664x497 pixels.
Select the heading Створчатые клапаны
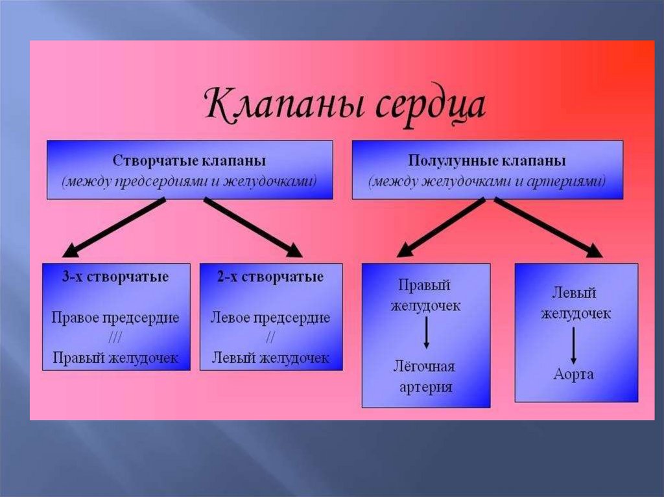coord(189,160)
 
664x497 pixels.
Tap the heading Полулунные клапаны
coord(487,160)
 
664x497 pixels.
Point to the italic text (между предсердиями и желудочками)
coord(189,181)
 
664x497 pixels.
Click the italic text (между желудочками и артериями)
coord(487,181)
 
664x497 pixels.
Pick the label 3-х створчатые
coord(115,277)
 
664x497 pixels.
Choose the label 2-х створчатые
coord(270,277)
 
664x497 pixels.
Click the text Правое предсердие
coord(115,318)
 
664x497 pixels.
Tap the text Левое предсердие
coord(270,318)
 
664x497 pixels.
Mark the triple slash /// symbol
coord(115,338)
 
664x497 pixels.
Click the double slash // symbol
coord(270,338)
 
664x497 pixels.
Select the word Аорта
coord(574,375)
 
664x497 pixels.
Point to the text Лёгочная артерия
coord(425,376)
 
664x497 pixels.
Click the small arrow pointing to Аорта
coord(574,345)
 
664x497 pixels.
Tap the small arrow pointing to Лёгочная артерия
coord(425,336)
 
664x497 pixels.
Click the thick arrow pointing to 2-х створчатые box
coord(253,227)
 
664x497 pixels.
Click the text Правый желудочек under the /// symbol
coord(115,358)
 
